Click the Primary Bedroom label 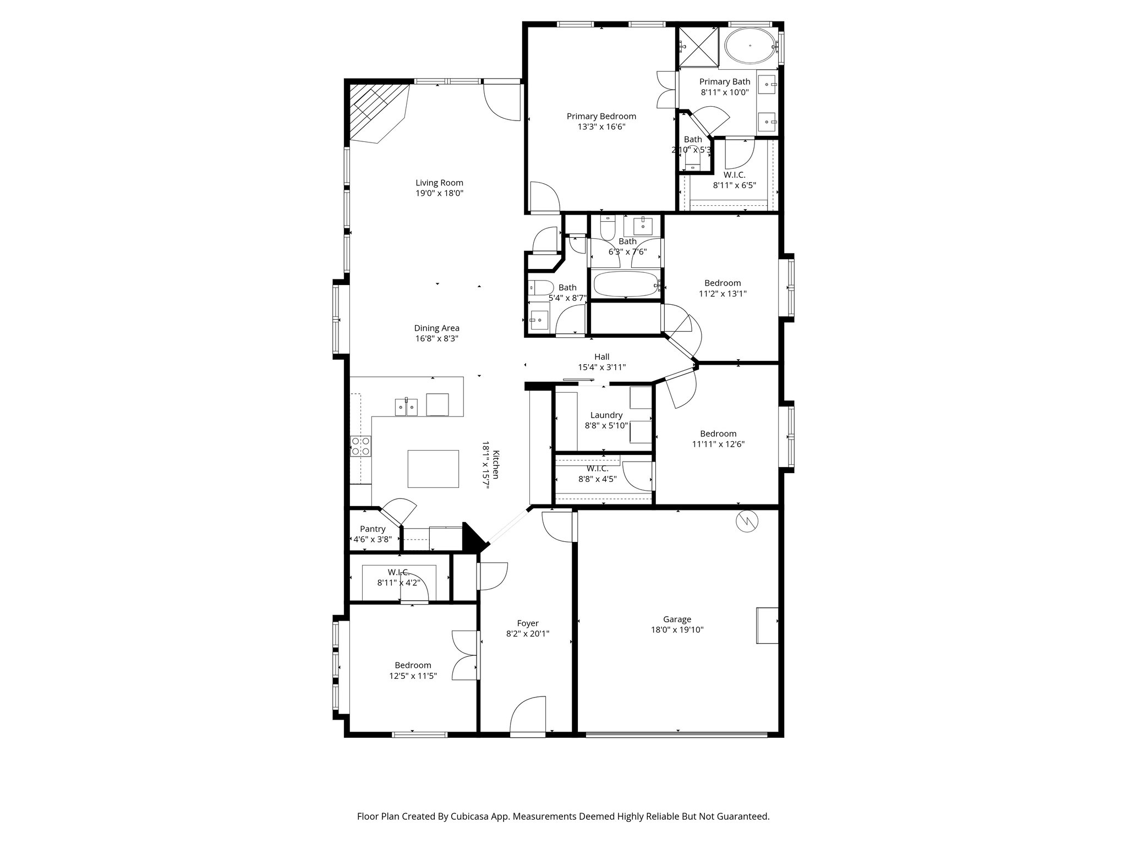tap(601, 116)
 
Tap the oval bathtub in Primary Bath tap(750, 46)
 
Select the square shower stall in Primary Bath tap(698, 46)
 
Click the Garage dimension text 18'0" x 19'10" tap(677, 630)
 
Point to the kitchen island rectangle tap(433, 469)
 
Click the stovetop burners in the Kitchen tap(361, 446)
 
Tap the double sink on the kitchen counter tap(406, 407)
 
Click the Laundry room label tap(606, 415)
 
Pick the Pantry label tap(373, 529)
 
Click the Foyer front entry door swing tap(528, 715)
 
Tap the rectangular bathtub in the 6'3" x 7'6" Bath tap(626, 284)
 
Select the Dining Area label tap(436, 328)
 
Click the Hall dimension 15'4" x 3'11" tap(601, 367)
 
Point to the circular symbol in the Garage tap(747, 522)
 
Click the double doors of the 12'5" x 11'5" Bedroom tap(465, 655)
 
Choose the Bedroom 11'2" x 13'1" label tap(723, 283)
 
